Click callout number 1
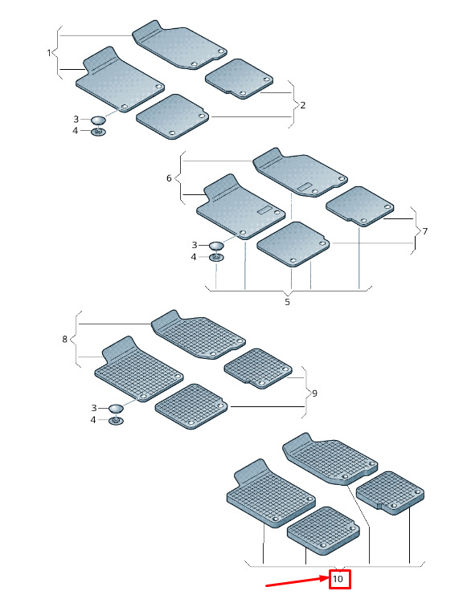click(48, 53)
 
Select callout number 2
click(303, 105)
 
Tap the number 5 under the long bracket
click(287, 302)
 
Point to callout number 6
click(169, 178)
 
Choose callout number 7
click(424, 231)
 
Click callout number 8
click(64, 339)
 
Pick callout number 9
click(314, 393)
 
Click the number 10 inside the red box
click(338, 579)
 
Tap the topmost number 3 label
click(76, 119)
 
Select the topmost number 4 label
click(76, 131)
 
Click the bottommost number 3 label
click(94, 408)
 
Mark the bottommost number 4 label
click(93, 420)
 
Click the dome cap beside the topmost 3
click(98, 120)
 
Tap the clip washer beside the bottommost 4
click(117, 421)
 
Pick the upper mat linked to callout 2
click(239, 79)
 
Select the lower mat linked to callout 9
click(192, 406)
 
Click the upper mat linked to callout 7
click(359, 206)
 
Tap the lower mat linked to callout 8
click(138, 369)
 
